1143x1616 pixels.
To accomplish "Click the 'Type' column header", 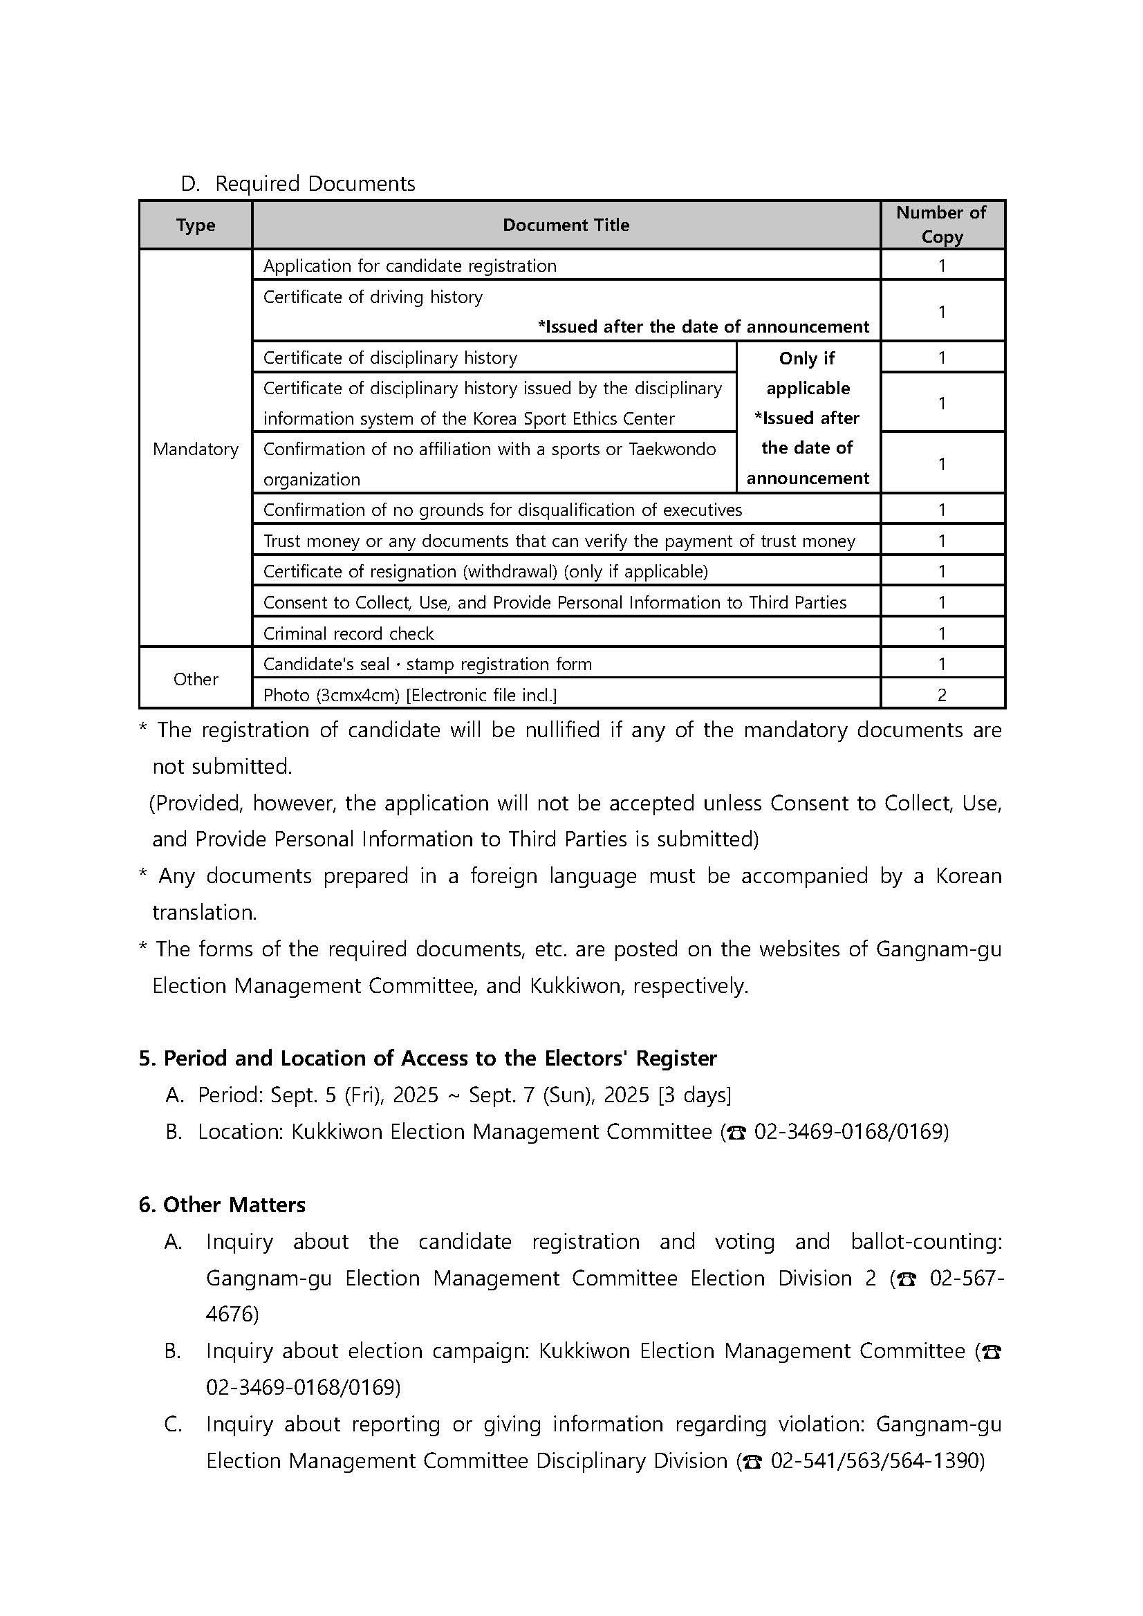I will [196, 225].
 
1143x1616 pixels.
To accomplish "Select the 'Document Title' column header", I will [566, 225].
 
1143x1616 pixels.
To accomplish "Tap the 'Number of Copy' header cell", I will [941, 225].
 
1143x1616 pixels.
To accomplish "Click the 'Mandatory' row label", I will [196, 449].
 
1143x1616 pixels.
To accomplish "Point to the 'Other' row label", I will [196, 679].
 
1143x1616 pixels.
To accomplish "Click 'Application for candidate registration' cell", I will [409, 266].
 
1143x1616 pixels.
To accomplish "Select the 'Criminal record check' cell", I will [349, 633].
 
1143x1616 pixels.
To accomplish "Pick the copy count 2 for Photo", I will [942, 695].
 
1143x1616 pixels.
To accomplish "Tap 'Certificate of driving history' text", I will [373, 297].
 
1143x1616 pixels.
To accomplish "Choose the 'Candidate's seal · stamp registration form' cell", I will [427, 664].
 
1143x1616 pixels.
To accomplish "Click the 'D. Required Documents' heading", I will [299, 184].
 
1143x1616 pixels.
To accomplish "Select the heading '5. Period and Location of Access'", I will [427, 1059].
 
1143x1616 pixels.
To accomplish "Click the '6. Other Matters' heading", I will [222, 1205].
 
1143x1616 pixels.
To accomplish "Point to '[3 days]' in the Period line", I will [695, 1095].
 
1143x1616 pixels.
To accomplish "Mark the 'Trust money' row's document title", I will [559, 541].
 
